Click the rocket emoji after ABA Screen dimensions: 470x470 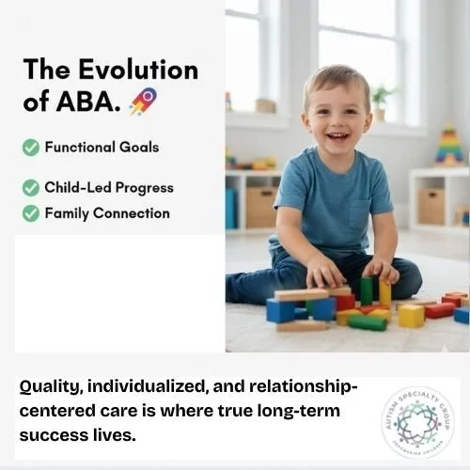pos(143,101)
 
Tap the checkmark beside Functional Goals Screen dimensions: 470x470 pos(31,147)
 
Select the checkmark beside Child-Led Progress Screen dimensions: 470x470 pos(31,187)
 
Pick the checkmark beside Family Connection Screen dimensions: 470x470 pos(31,213)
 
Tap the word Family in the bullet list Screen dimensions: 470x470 pos(68,213)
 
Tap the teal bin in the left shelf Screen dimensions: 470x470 pos(231,208)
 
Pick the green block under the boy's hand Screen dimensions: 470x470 pos(367,290)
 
